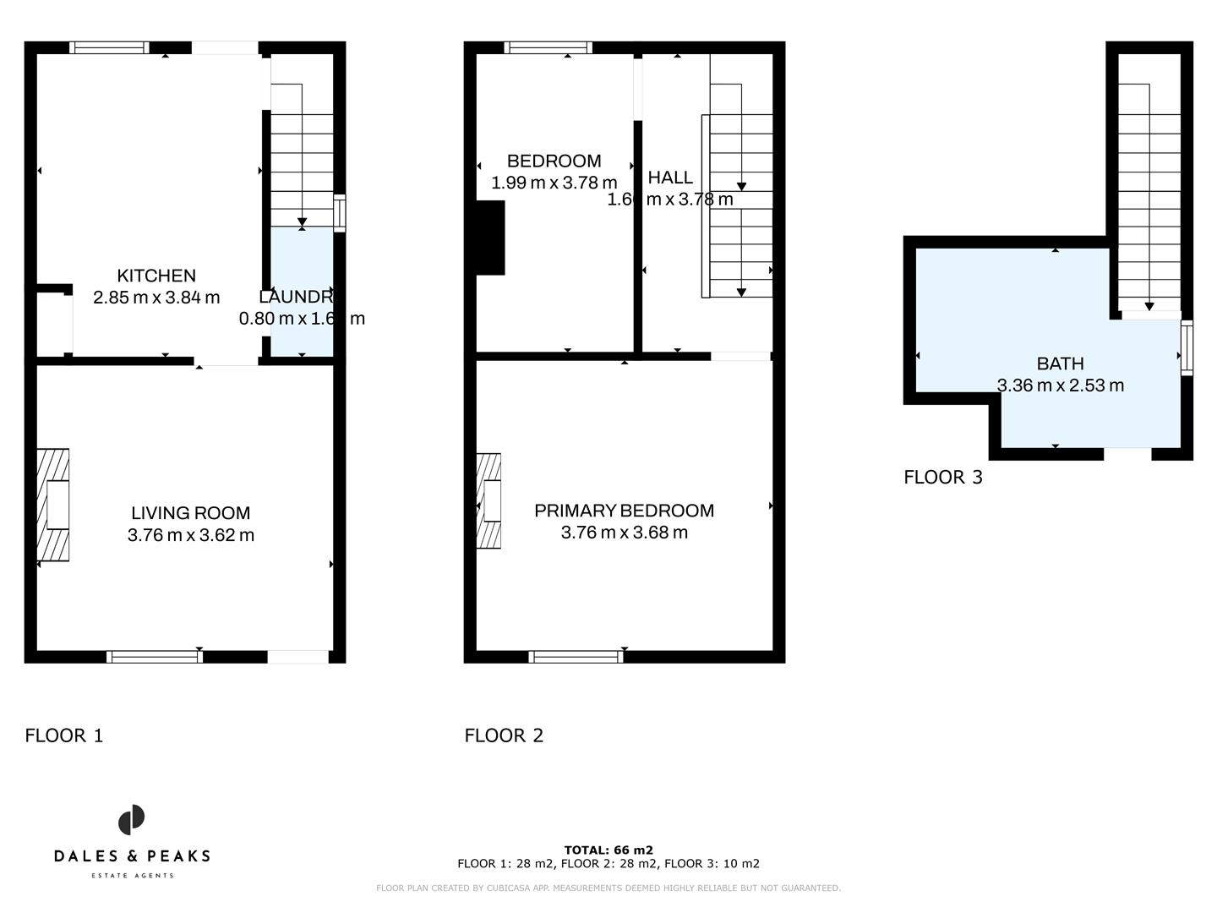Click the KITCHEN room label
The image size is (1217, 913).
[156, 276]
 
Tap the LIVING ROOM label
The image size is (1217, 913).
[191, 513]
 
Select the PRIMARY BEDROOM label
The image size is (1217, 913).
[624, 511]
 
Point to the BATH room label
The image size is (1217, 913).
[1060, 364]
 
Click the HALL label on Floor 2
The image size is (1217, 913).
[670, 178]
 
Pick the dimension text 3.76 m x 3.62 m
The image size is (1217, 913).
[191, 535]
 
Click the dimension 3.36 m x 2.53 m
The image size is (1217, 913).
[1060, 385]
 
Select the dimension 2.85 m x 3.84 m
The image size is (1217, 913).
[156, 298]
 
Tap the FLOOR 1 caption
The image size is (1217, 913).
[64, 735]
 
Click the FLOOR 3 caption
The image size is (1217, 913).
[943, 478]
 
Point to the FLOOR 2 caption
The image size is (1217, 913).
[504, 735]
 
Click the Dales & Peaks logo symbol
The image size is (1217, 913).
[131, 820]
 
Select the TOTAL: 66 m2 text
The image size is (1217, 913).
[608, 850]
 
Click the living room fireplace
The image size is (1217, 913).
[53, 505]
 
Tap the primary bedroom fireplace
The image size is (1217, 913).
[489, 500]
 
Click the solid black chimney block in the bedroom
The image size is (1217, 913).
[490, 238]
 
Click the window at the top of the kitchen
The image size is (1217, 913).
[109, 47]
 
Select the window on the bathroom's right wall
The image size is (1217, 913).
[1187, 347]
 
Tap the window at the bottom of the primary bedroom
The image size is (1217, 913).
[576, 656]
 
